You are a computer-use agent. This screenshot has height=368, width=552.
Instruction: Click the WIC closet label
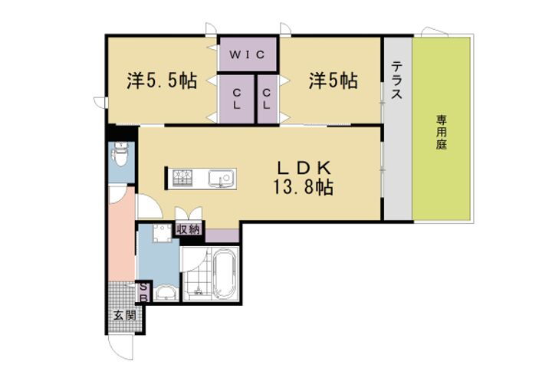[248, 54]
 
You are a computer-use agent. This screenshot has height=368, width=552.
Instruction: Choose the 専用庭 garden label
[442, 131]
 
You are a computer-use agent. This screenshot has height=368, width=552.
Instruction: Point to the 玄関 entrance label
[125, 315]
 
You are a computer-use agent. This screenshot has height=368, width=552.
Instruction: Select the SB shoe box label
[143, 291]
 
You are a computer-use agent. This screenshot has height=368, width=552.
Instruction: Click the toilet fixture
[120, 158]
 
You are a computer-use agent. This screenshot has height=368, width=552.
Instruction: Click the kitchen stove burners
[182, 179]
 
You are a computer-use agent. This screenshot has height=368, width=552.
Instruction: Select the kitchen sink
[223, 179]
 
